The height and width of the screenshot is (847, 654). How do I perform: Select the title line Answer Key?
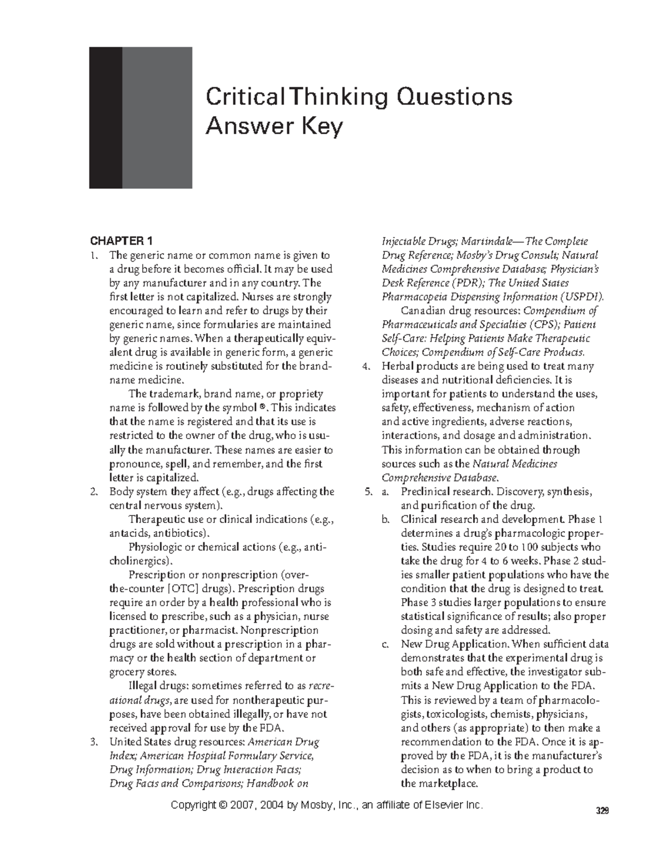(x=274, y=127)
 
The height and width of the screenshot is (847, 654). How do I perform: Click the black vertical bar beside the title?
(x=105, y=117)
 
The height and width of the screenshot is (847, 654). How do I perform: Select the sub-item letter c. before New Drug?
(x=385, y=644)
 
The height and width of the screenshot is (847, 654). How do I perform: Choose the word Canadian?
(x=421, y=311)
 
